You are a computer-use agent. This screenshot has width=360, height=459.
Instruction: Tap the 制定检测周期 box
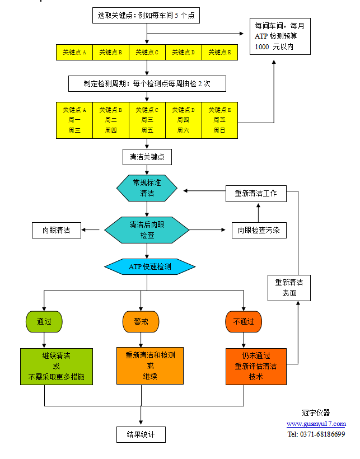(x=147, y=84)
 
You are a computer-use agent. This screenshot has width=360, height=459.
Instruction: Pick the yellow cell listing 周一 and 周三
(x=74, y=120)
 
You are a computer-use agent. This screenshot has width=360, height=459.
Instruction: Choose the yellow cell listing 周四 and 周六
(x=183, y=120)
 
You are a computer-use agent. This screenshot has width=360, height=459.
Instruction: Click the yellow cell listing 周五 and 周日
(x=219, y=120)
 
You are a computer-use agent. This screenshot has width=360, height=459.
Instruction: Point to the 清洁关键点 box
(x=147, y=157)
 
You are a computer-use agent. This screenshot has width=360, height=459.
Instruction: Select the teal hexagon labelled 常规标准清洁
(x=147, y=188)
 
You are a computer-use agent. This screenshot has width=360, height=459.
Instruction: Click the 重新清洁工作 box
(x=256, y=194)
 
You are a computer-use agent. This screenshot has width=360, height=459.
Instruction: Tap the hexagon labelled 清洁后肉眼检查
(x=147, y=230)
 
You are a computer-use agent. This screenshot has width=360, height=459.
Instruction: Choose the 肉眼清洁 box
(x=56, y=230)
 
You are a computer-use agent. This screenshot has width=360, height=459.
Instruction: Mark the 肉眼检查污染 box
(x=259, y=230)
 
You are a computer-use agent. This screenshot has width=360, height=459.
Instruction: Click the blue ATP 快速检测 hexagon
(x=149, y=267)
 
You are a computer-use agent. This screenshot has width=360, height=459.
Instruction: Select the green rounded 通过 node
(x=44, y=321)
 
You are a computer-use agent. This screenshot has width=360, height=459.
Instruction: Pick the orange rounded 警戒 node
(x=141, y=321)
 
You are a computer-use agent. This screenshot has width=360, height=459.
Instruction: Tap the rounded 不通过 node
(x=243, y=321)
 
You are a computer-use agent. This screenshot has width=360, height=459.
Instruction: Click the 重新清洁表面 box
(x=289, y=287)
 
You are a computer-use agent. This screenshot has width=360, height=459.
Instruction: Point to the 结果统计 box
(x=141, y=434)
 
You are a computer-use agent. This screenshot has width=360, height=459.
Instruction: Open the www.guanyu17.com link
(x=316, y=424)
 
